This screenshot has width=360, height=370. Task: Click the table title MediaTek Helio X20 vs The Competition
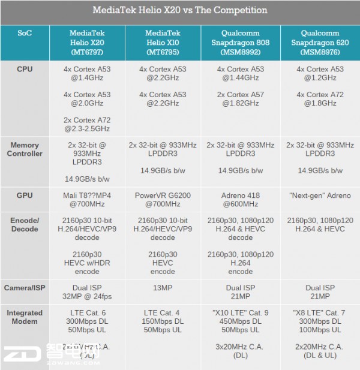tap(180, 11)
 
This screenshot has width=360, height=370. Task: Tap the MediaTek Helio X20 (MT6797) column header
tap(87, 43)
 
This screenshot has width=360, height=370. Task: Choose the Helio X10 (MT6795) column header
tap(163, 43)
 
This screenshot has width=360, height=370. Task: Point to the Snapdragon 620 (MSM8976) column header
tap(320, 43)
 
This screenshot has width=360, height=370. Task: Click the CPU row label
tap(25, 70)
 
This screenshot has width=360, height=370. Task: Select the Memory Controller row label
tap(25, 149)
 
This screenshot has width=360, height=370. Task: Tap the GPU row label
tap(25, 196)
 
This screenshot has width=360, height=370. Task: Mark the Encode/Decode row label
tap(25, 225)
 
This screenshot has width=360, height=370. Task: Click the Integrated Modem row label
tap(25, 317)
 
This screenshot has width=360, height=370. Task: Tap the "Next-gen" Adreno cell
tap(320, 196)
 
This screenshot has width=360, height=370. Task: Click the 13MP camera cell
tap(163, 288)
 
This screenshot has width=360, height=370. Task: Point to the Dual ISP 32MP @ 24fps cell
tap(87, 293)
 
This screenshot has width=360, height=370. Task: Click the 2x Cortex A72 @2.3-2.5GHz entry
tap(87, 125)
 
